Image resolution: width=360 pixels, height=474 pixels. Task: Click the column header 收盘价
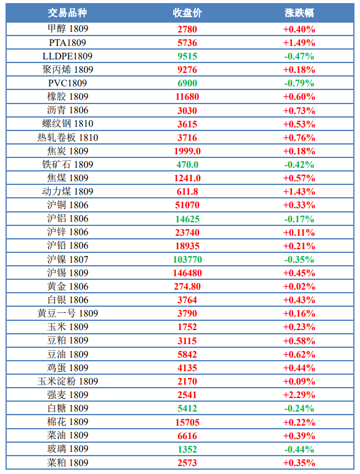coord(187,13)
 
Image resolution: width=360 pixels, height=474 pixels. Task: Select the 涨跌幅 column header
coord(299,13)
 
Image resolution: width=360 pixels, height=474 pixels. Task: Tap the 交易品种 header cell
coord(67,13)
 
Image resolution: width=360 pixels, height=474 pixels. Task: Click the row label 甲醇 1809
coord(68,29)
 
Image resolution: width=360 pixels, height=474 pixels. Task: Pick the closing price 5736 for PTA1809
coord(187,43)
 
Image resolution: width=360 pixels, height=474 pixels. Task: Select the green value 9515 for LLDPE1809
coord(187,56)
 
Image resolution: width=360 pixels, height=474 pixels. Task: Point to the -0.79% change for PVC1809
coord(299,83)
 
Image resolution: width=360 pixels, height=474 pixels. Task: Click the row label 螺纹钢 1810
coord(68,124)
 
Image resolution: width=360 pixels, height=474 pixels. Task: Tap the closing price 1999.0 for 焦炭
coord(187,151)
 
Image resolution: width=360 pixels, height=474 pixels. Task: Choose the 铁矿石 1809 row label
coord(68,165)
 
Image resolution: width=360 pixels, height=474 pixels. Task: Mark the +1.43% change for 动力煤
coord(299,191)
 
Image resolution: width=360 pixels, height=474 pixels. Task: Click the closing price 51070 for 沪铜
coord(187,205)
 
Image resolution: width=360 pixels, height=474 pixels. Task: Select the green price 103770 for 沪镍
coord(187,260)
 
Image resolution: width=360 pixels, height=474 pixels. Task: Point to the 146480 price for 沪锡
coord(187,273)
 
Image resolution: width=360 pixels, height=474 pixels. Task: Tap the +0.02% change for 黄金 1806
coord(299,286)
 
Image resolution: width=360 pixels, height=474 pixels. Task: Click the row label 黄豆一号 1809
coord(68,313)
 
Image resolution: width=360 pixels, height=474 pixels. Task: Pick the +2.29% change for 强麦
coord(299,395)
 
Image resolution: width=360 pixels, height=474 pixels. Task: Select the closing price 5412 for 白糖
coord(187,408)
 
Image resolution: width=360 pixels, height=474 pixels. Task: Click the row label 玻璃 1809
coord(68,449)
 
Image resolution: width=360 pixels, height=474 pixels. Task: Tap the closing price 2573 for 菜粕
coord(187,463)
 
